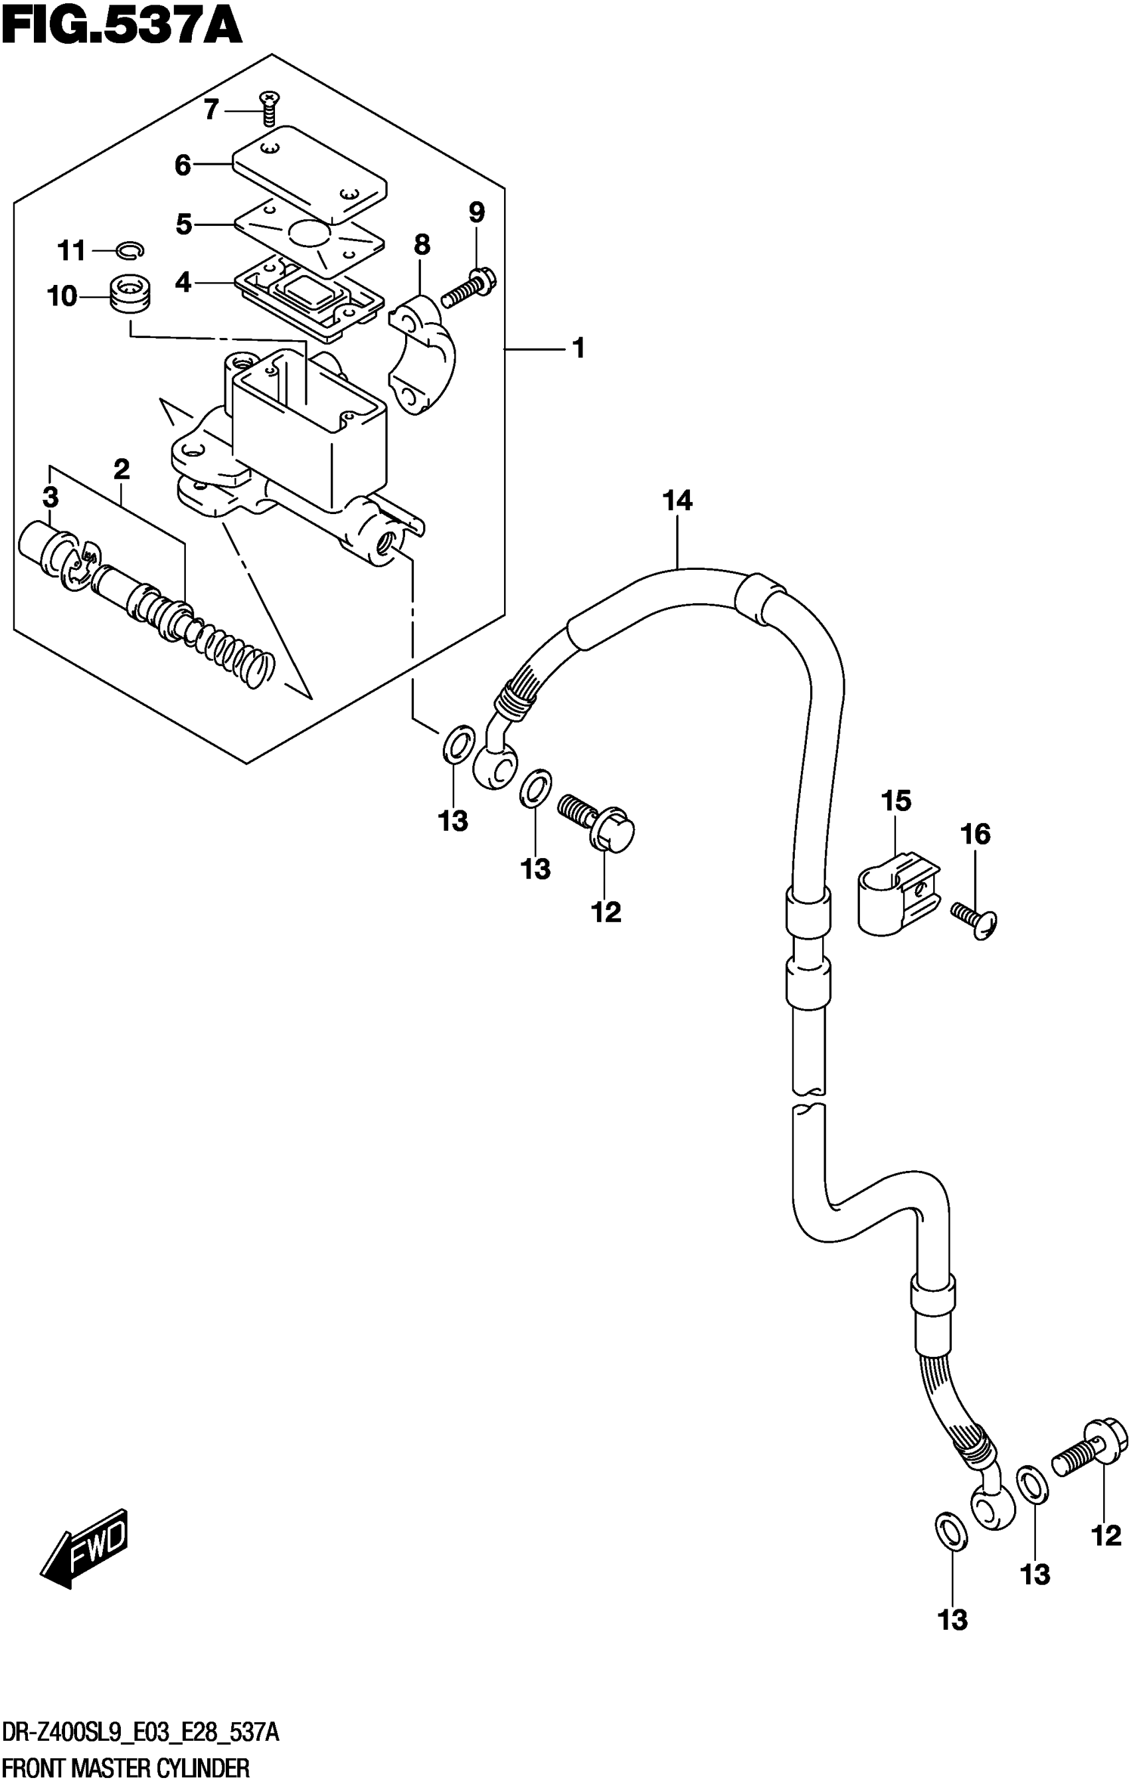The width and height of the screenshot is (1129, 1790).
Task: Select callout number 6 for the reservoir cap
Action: (x=183, y=164)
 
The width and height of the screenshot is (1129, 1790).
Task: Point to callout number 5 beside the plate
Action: (x=183, y=224)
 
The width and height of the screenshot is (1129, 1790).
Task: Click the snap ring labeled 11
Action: (x=130, y=251)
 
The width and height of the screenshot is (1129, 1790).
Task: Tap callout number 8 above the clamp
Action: (x=422, y=244)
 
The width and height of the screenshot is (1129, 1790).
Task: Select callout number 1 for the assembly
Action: (x=578, y=348)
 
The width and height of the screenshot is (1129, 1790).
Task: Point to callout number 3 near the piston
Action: (x=50, y=497)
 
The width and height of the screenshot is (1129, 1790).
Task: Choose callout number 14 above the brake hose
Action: (x=677, y=501)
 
